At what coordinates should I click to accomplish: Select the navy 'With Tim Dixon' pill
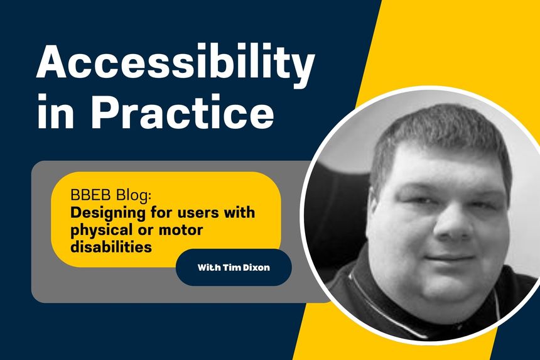tap(233, 267)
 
